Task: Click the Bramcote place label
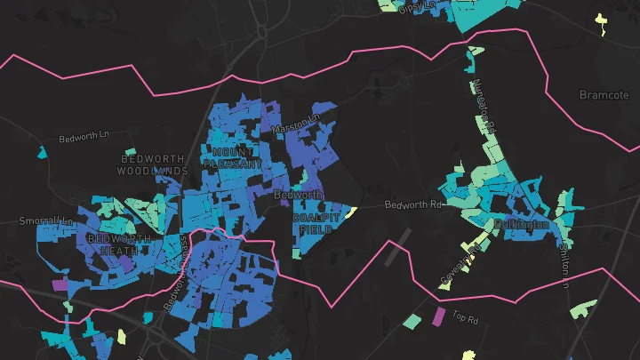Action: point(604,94)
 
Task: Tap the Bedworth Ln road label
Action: point(82,139)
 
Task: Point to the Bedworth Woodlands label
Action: point(154,164)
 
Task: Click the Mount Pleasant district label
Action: point(233,158)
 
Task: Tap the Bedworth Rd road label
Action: point(412,204)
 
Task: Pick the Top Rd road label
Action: point(465,316)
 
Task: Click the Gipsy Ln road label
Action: point(414,7)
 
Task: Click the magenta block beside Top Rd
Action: point(437,315)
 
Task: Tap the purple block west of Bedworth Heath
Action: point(60,285)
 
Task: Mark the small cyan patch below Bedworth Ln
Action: point(42,154)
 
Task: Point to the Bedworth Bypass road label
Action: point(176,272)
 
